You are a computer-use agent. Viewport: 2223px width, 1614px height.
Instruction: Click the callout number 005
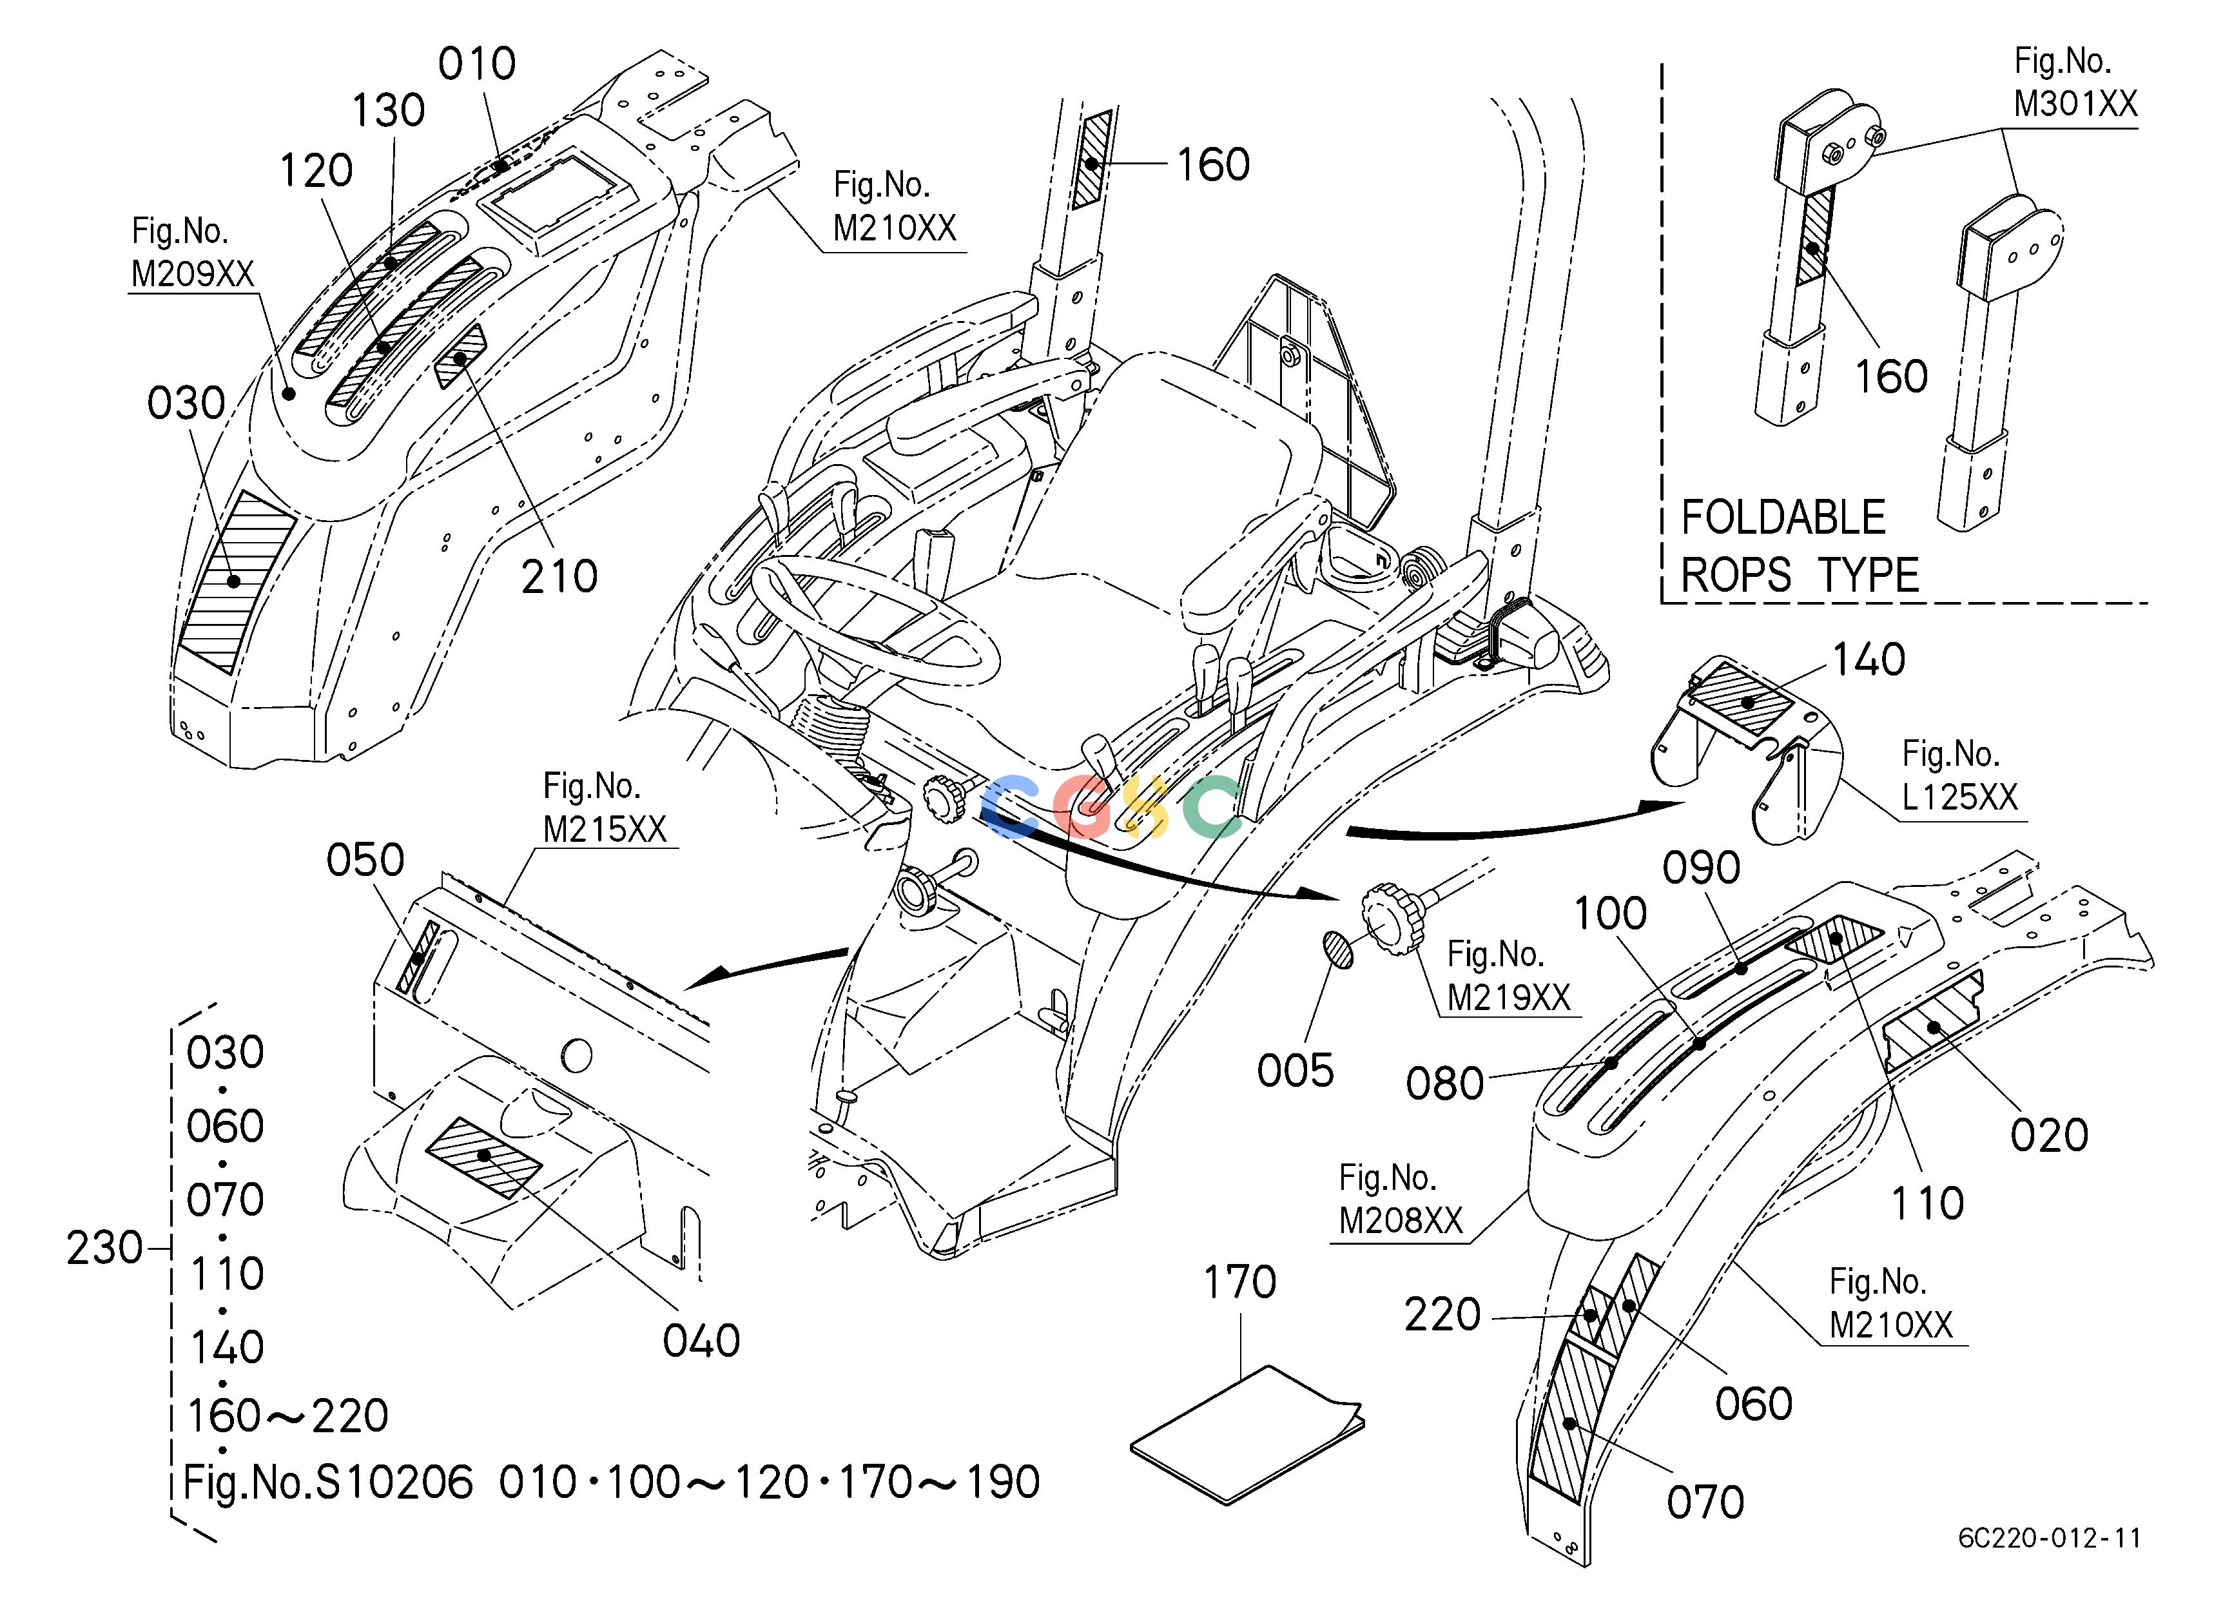click(x=1295, y=1071)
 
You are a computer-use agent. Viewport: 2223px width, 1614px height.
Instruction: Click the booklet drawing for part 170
click(x=1247, y=1434)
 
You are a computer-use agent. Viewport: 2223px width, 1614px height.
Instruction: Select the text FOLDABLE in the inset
click(x=1783, y=518)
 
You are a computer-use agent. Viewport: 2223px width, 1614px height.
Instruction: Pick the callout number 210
click(x=559, y=576)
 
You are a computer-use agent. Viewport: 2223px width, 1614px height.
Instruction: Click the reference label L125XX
click(x=1960, y=797)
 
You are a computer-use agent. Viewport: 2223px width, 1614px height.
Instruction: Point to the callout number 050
click(x=365, y=860)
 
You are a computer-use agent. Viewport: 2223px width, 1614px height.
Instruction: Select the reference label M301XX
click(x=2075, y=103)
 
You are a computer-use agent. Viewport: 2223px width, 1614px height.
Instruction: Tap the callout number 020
click(x=2048, y=1135)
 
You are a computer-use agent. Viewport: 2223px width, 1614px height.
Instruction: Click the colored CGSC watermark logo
click(x=1111, y=806)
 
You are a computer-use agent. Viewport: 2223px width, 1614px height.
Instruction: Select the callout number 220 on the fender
click(x=1442, y=1315)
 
